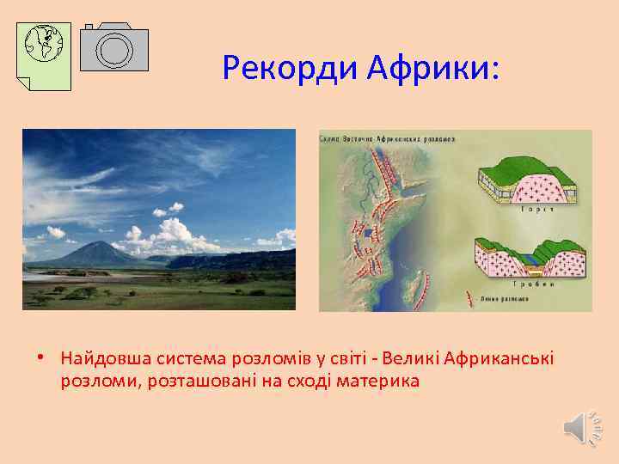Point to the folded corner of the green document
pos(24,82)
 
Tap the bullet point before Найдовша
pos(52,357)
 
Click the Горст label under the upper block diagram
pos(530,209)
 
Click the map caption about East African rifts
pos(387,137)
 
